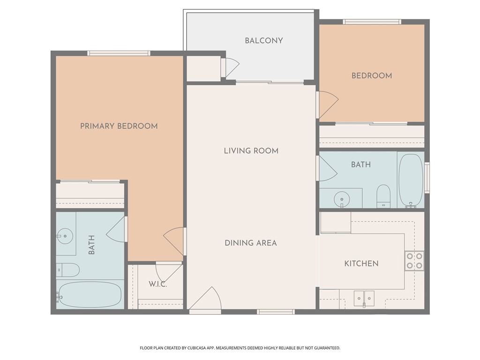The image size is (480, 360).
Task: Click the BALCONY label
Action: click(x=264, y=41)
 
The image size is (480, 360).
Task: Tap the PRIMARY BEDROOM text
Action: click(x=119, y=126)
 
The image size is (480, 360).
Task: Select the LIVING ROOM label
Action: click(x=251, y=151)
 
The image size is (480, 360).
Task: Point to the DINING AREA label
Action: click(x=250, y=243)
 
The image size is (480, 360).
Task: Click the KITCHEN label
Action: click(x=361, y=263)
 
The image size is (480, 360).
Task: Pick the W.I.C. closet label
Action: click(x=157, y=284)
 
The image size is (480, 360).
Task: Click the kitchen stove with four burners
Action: click(x=414, y=261)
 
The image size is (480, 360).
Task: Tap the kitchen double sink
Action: click(x=364, y=298)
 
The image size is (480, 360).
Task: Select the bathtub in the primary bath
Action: click(x=90, y=295)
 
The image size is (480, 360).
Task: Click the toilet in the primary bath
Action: click(x=67, y=270)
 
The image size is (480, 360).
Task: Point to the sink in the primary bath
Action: click(x=65, y=234)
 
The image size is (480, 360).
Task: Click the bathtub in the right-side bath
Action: click(x=411, y=180)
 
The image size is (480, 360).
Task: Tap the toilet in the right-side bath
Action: click(x=383, y=195)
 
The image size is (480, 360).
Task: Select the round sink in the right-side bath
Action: click(x=342, y=199)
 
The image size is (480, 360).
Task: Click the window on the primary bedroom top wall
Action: click(x=119, y=53)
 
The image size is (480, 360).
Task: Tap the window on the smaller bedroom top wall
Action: click(x=372, y=22)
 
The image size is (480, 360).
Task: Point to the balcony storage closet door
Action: click(x=231, y=68)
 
